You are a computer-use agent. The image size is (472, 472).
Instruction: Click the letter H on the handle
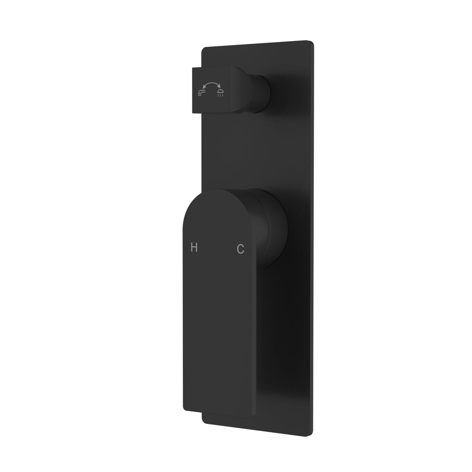pyautogui.click(x=194, y=248)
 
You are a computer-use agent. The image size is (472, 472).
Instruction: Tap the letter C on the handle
pyautogui.click(x=240, y=249)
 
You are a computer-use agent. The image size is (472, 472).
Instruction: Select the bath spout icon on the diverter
pyautogui.click(x=202, y=92)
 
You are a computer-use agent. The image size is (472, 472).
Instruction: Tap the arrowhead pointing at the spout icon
pyautogui.click(x=204, y=87)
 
